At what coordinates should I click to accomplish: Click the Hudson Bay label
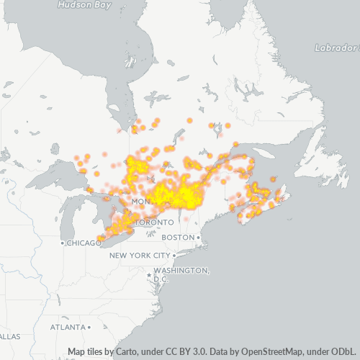click(84, 4)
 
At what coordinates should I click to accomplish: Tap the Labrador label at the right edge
click(336, 48)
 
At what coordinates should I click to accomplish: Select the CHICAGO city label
click(86, 243)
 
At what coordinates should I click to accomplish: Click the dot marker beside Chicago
click(64, 243)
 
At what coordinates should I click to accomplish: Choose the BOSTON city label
click(178, 238)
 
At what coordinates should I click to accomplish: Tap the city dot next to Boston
click(199, 238)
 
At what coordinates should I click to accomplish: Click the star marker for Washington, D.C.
click(148, 274)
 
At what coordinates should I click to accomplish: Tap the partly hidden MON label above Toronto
click(140, 201)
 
